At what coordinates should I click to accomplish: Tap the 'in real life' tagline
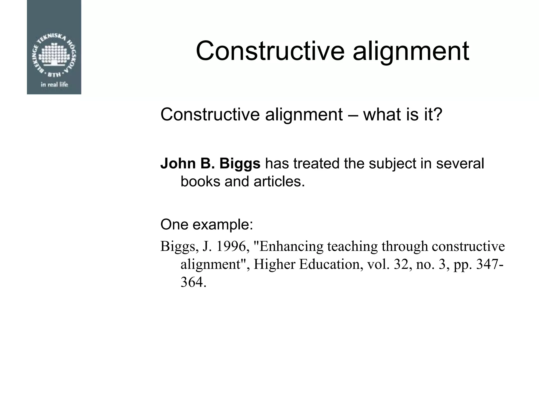click(x=54, y=84)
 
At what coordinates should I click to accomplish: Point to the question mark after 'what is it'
click(x=438, y=115)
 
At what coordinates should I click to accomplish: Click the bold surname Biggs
click(x=240, y=163)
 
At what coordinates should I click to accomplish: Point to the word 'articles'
click(x=279, y=181)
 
